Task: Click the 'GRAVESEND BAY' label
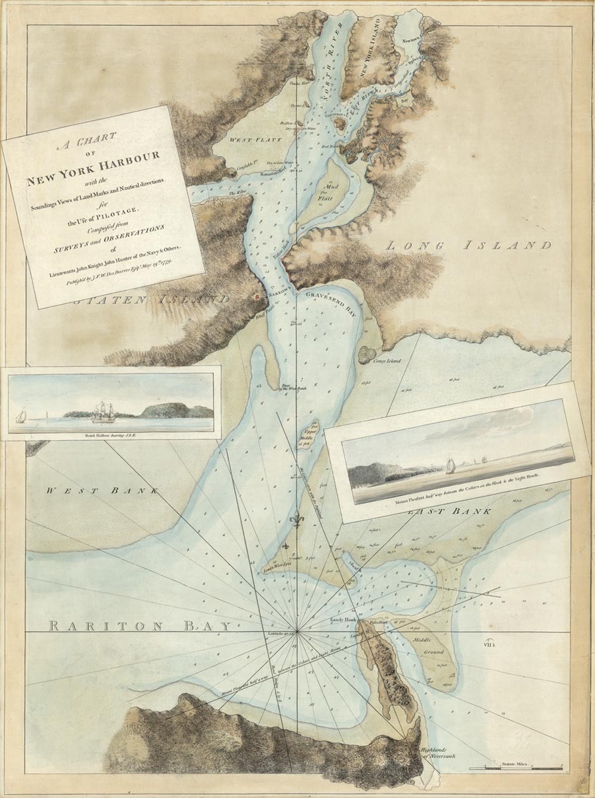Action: (x=331, y=303)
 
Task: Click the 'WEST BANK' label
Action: (x=103, y=490)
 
